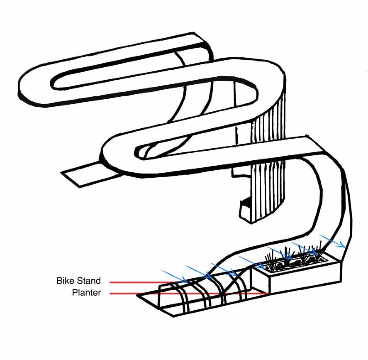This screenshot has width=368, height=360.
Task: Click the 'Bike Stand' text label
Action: (x=78, y=281)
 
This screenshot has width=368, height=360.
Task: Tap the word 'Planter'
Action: (x=86, y=293)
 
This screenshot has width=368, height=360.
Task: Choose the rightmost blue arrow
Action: (x=332, y=241)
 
